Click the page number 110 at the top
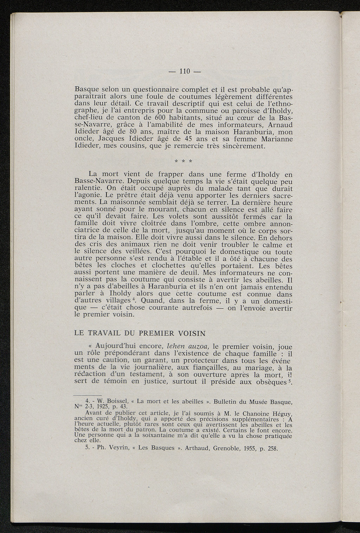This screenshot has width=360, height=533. (185, 71)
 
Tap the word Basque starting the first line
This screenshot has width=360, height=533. (87, 90)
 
